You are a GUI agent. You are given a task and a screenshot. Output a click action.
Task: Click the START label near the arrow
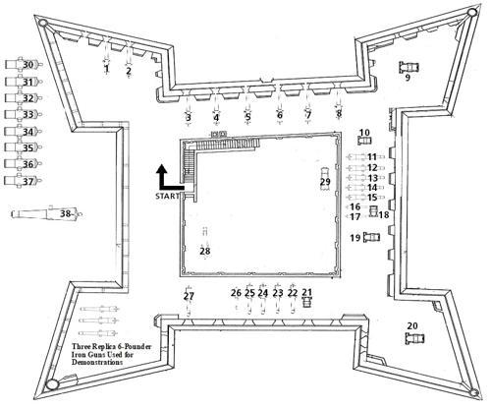click(167, 197)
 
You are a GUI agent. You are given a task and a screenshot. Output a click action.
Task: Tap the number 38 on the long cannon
click(66, 214)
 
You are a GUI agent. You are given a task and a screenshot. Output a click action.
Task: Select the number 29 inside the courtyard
click(325, 182)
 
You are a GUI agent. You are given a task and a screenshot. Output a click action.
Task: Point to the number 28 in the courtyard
click(205, 251)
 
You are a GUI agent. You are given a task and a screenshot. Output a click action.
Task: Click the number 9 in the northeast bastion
click(408, 78)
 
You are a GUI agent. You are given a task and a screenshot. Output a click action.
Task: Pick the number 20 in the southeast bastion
click(412, 325)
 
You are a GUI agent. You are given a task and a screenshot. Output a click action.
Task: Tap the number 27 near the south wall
click(189, 296)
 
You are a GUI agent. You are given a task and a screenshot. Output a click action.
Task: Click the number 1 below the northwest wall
click(106, 69)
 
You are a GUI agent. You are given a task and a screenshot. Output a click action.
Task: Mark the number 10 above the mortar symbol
click(364, 133)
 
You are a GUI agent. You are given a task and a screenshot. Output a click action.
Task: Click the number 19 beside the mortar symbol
click(355, 237)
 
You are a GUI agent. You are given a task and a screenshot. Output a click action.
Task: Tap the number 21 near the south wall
click(306, 292)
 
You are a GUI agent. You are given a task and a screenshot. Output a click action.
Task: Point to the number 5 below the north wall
click(247, 117)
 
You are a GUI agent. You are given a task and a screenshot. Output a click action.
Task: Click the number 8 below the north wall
click(339, 114)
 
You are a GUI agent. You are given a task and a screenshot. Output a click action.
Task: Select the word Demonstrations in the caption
click(97, 362)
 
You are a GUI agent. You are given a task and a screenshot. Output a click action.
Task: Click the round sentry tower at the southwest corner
click(52, 384)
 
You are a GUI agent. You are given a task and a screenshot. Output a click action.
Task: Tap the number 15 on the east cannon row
click(372, 198)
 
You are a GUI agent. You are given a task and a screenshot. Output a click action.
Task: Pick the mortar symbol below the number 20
click(414, 338)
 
